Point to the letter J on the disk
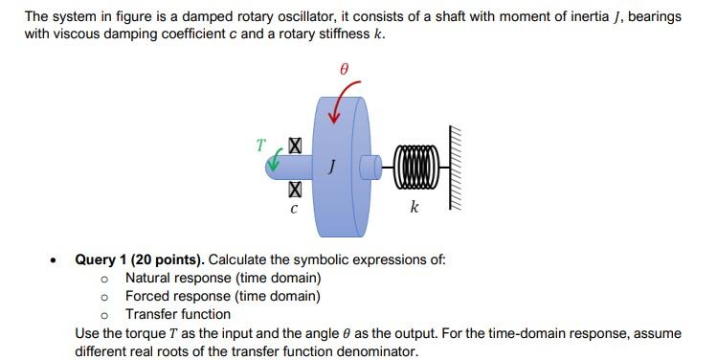click(x=330, y=167)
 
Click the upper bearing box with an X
click(x=294, y=147)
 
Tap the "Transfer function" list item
click(x=178, y=314)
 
